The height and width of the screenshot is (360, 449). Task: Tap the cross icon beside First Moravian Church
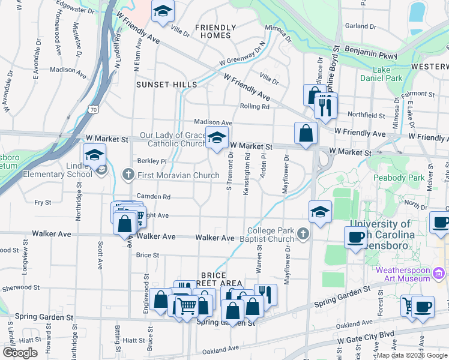pos(127,175)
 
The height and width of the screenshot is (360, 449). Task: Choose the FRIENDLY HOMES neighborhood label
pos(212,31)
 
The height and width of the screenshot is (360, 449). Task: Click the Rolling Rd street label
pos(255,107)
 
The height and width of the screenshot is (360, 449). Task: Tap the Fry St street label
pos(43,203)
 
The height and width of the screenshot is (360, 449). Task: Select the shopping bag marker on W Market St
pos(306,133)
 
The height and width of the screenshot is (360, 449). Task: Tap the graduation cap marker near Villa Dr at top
pos(162,12)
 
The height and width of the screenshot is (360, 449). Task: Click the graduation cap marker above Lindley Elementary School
pos(94,155)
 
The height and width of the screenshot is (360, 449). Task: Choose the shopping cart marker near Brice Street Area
pos(187,306)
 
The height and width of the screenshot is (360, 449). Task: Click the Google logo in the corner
pos(20,353)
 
